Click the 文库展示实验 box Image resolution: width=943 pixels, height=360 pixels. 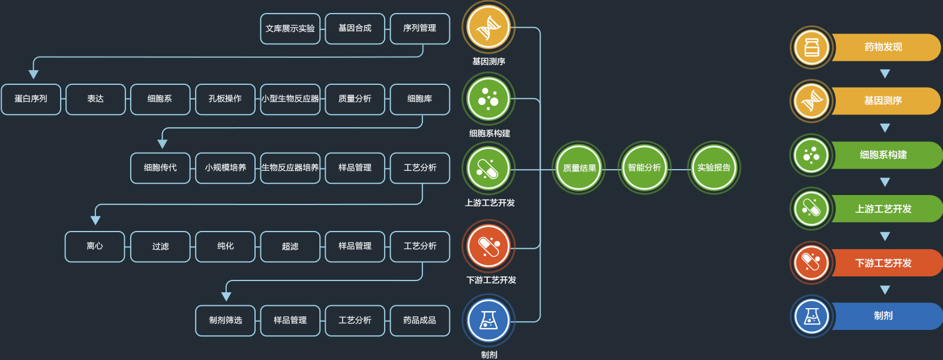coord(290,28)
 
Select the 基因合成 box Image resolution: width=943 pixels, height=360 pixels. coord(355,28)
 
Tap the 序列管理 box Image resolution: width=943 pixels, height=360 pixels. coord(419,28)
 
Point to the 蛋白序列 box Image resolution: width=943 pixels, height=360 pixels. coord(31,99)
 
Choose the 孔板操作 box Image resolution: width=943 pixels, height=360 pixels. coord(225,99)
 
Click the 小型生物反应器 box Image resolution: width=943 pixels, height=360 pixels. coord(290,99)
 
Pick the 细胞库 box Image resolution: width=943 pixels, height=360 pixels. coord(419,99)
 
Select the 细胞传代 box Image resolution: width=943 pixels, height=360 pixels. coord(160,168)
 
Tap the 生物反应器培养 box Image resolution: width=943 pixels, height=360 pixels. coord(290,168)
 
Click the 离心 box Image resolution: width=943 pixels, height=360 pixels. coord(95,246)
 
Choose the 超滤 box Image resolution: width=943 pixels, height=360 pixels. coord(290,246)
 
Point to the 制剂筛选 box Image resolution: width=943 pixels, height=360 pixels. coord(225,320)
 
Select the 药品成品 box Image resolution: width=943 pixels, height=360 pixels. coord(419,320)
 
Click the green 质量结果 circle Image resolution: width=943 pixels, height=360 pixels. coord(579,168)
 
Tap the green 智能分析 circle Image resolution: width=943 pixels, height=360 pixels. coord(644,168)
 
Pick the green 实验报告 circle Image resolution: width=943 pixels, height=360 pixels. coord(714,168)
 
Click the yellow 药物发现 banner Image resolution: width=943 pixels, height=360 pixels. coord(884,47)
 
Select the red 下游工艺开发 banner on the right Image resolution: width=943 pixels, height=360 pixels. coord(884,263)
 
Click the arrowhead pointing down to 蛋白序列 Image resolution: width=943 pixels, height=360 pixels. coord(34,74)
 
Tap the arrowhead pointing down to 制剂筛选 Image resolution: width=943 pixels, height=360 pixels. coord(226,296)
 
